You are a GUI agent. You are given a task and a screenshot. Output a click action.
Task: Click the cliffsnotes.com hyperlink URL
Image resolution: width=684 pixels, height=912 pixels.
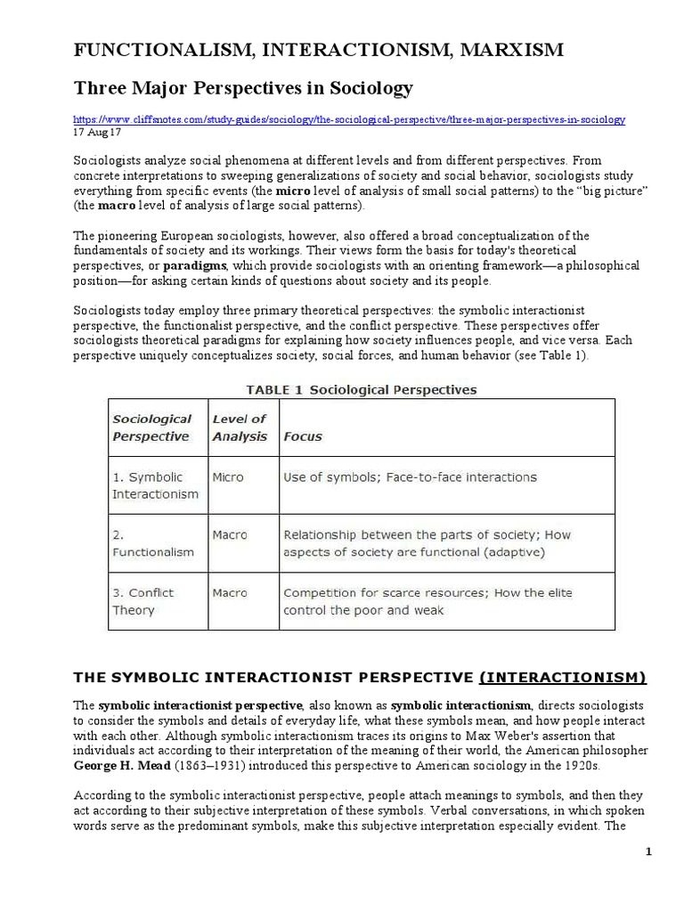[x=348, y=119]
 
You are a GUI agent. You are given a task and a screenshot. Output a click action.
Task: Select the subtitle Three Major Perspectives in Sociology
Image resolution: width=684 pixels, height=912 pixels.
[x=243, y=88]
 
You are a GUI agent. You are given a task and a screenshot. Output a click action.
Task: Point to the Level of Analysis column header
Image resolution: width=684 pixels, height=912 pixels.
[x=239, y=427]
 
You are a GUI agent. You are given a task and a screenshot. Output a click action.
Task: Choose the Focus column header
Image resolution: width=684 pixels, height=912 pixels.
[x=302, y=437]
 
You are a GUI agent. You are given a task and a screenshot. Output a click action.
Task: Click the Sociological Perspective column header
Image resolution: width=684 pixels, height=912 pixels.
[x=151, y=427]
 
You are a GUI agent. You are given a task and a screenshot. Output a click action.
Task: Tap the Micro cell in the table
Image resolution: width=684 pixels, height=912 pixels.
[x=228, y=477]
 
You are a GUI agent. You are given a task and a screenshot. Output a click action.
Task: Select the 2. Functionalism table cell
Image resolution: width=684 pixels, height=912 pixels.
[x=152, y=543]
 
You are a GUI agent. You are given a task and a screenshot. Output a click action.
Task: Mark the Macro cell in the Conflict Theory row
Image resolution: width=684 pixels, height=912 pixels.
[x=230, y=593]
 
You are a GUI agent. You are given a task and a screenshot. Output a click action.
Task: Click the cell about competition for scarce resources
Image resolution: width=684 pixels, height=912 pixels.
[x=427, y=601]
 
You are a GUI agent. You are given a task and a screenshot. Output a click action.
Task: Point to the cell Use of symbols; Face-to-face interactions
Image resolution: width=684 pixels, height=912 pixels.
[x=410, y=477]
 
